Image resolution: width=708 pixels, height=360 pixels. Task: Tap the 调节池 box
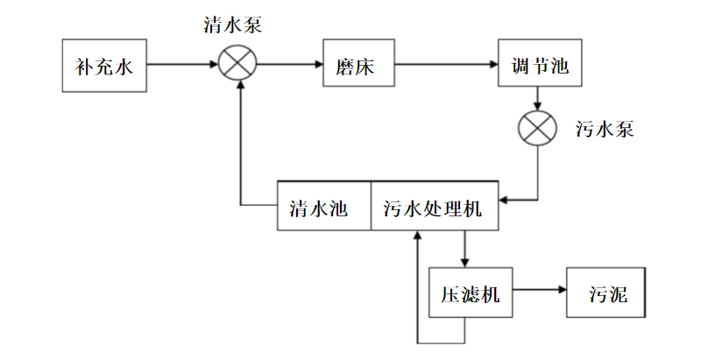pos(540,65)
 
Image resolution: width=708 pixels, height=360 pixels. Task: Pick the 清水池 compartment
pos(323,207)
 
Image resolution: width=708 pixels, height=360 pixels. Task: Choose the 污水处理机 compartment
pos(434,207)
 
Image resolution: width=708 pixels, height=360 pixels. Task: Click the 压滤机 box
pos(470,293)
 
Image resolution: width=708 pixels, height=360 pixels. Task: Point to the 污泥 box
pos(610,293)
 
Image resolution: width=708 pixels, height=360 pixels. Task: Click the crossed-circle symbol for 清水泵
pos(237,64)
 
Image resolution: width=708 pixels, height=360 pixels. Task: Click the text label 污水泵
pos(605,130)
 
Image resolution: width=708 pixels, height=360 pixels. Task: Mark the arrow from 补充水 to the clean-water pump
pos(182,64)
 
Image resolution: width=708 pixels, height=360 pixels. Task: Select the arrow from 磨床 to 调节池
pos(445,64)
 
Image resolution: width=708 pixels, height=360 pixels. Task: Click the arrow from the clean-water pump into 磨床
pos(290,64)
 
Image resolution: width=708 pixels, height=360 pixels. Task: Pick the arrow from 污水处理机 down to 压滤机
pos(465,250)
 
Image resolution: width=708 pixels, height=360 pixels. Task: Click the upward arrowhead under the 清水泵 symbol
pos(238,92)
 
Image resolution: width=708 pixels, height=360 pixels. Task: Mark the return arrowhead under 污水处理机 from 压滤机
pos(418,236)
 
